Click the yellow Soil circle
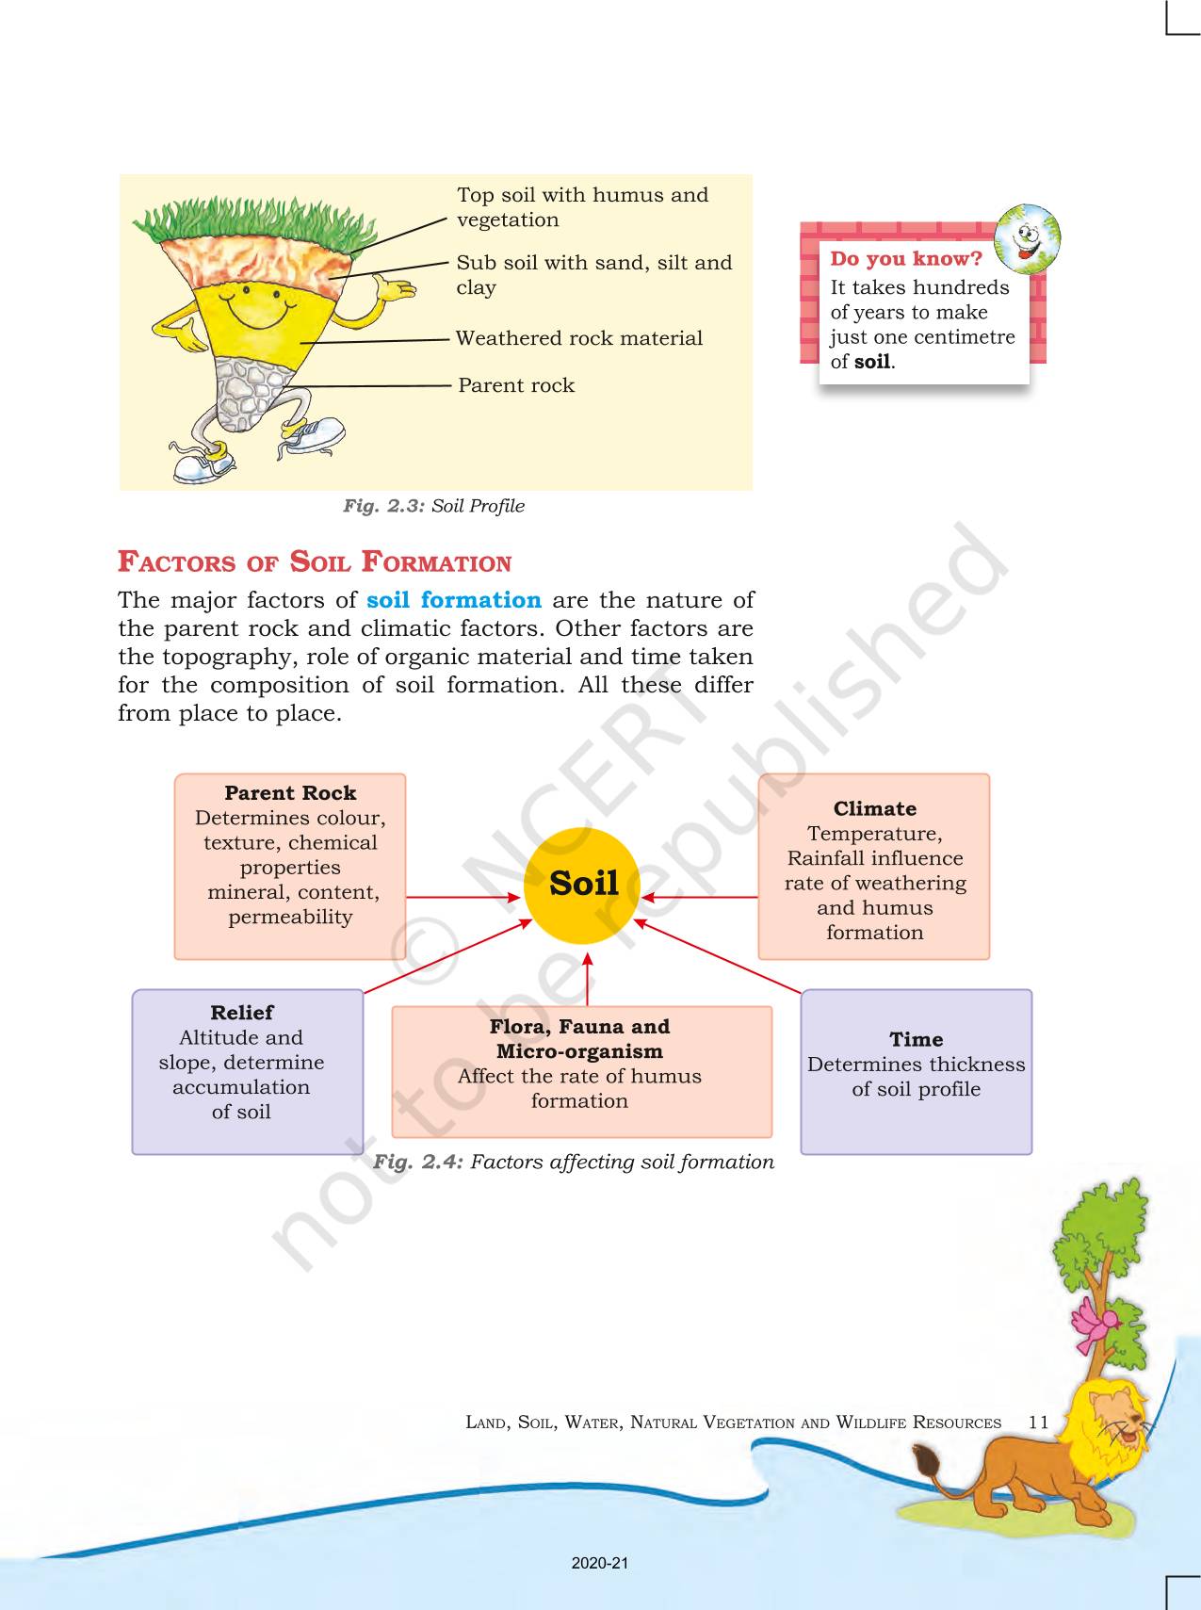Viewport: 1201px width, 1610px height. point(583,886)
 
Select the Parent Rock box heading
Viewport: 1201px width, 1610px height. point(290,793)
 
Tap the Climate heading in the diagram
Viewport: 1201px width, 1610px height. point(875,808)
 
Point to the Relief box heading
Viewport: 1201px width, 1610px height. point(242,1013)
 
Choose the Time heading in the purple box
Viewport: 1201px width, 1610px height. point(917,1039)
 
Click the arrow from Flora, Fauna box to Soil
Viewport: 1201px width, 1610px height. point(587,979)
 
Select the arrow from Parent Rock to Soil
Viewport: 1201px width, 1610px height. point(464,897)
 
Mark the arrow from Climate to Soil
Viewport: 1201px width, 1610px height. point(701,897)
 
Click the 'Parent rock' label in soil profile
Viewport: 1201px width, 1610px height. point(516,385)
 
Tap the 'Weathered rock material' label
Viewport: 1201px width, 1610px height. point(579,338)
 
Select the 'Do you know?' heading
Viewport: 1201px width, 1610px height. point(906,259)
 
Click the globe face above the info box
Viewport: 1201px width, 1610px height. point(1028,238)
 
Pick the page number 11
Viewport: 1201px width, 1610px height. point(1038,1422)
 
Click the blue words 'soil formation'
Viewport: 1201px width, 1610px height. point(454,600)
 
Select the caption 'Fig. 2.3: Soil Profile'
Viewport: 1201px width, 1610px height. point(433,506)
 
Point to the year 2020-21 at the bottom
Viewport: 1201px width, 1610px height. point(600,1563)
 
